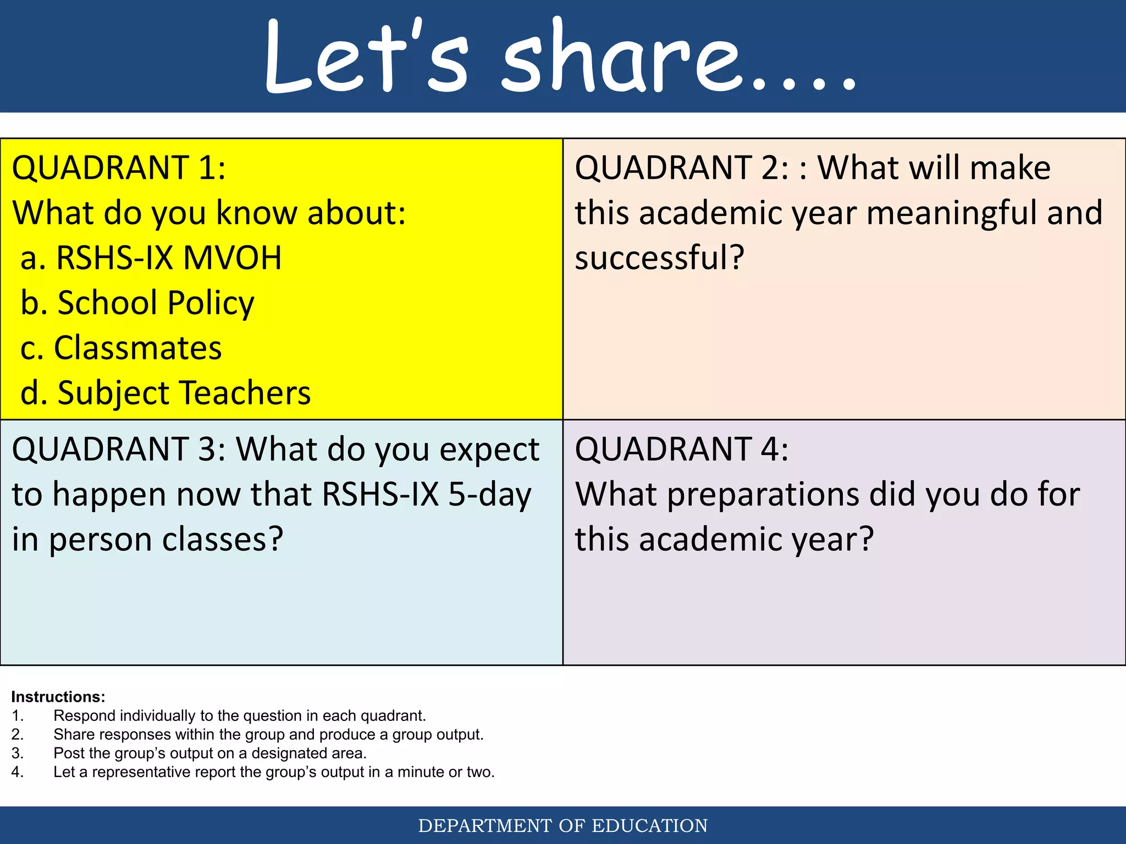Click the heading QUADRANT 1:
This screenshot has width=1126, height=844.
[119, 168]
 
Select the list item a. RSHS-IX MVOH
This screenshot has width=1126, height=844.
[151, 258]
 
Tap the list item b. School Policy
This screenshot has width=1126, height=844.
[137, 303]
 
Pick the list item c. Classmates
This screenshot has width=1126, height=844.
[121, 348]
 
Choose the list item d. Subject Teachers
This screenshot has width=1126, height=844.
[165, 393]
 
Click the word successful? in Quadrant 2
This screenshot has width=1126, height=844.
[659, 258]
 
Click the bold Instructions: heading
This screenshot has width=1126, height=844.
[58, 697]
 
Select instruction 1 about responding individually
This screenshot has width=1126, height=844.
[239, 715]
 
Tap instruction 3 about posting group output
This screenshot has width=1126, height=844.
[209, 753]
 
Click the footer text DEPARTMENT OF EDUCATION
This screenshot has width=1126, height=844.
[563, 825]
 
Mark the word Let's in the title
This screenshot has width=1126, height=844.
[366, 58]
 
